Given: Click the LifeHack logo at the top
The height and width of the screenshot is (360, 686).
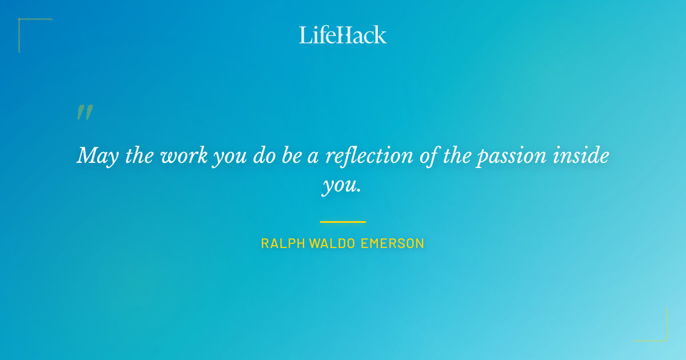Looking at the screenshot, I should (x=343, y=35).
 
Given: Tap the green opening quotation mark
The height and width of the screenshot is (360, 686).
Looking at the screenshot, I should (x=85, y=112).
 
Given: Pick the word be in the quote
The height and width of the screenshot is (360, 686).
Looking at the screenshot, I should (x=290, y=156).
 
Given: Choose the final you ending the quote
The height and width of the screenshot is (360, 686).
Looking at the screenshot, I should (x=342, y=187).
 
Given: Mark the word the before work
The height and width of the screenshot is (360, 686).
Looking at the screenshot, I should (x=138, y=156).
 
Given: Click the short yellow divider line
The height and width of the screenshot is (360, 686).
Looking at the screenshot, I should (x=343, y=222).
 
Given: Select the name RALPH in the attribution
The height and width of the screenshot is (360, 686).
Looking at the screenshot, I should (x=283, y=243).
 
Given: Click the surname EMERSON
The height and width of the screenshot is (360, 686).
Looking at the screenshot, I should (x=393, y=243).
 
